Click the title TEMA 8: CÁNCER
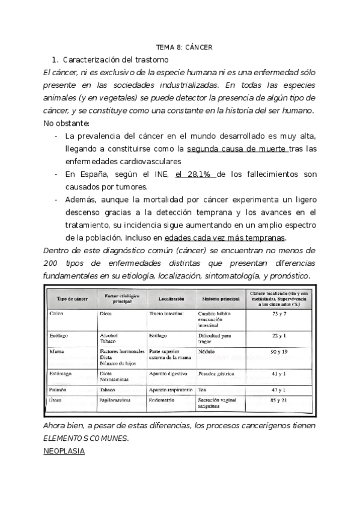(184, 48)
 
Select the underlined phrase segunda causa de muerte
(237, 149)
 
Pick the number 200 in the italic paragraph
(52, 263)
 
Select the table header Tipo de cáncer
(73, 298)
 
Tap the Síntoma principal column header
(220, 298)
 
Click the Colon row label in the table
(56, 314)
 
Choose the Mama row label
(56, 351)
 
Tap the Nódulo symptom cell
(207, 351)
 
